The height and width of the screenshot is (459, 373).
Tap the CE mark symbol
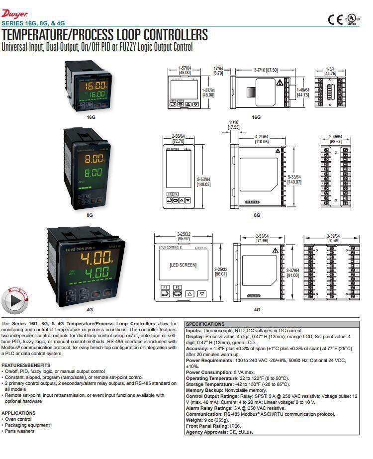coord(334,19)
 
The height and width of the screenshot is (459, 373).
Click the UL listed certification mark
coord(351,19)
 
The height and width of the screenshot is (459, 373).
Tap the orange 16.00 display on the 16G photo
coord(93,85)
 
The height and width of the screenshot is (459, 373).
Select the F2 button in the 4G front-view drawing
coord(178,287)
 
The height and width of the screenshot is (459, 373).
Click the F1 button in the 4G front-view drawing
coord(165,287)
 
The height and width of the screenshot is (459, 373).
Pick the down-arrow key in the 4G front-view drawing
coord(201,294)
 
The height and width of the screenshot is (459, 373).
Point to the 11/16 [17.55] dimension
coord(234,124)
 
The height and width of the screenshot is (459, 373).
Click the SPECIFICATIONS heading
coord(205,324)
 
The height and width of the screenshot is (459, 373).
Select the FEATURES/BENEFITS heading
coord(25,365)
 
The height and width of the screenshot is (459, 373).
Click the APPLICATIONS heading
coord(18,413)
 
